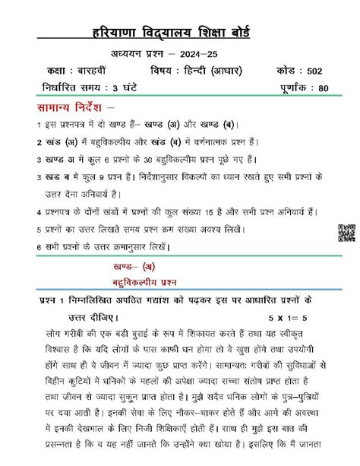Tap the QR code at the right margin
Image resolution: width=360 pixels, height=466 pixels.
[346, 234]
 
